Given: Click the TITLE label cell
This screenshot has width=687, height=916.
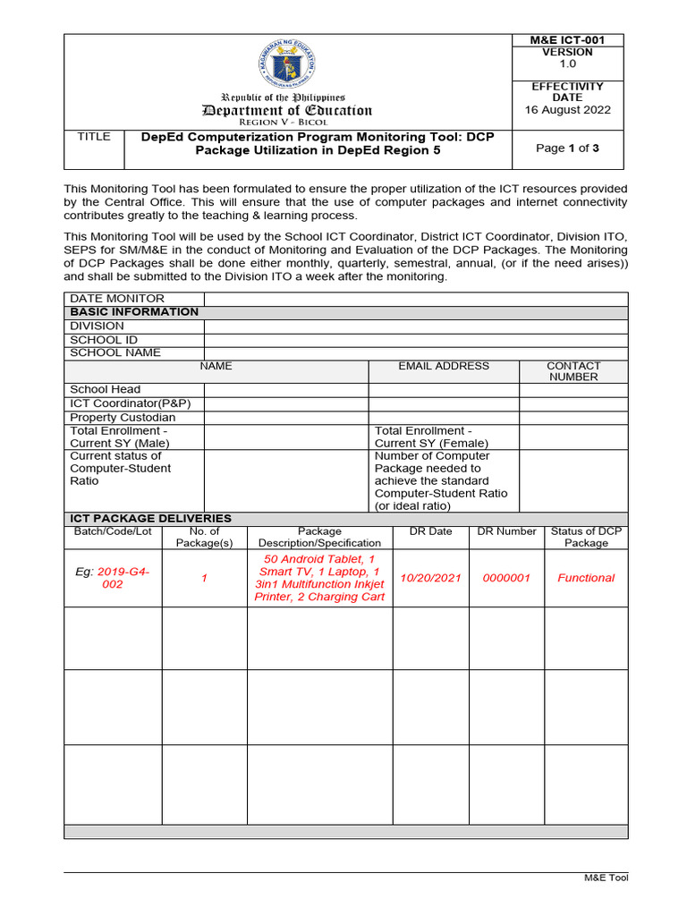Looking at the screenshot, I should (x=94, y=137).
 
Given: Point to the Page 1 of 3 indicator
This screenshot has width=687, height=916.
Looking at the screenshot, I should (x=567, y=148).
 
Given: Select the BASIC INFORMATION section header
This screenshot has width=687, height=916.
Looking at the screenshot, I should (x=134, y=312).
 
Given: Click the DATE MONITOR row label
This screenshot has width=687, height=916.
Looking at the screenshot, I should (x=117, y=299).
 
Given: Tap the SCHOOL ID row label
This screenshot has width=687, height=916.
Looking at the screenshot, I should (x=104, y=340).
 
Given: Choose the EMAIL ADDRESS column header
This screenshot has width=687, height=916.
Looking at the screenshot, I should (x=444, y=366).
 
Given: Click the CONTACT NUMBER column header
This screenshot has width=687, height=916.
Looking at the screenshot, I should (x=573, y=371).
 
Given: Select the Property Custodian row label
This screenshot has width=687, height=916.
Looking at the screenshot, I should (x=123, y=418).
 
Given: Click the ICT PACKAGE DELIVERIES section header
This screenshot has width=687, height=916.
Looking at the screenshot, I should (x=150, y=519).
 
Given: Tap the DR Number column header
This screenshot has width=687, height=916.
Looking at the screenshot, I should (x=506, y=531).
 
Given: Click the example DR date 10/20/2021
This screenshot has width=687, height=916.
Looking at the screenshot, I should (x=430, y=578).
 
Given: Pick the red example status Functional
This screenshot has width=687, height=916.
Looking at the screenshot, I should (x=586, y=578).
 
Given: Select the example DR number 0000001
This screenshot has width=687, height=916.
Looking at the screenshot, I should (x=506, y=578).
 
